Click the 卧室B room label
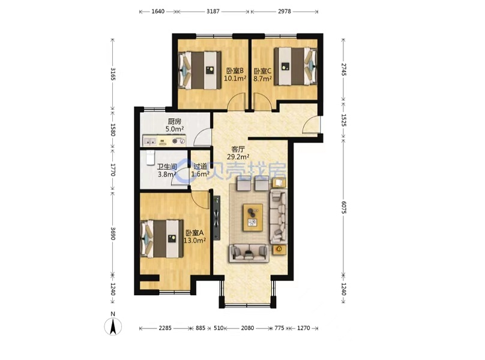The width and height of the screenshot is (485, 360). click(x=235, y=71)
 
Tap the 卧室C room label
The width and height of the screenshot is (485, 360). click(x=262, y=71)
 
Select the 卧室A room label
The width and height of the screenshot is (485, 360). click(x=194, y=233)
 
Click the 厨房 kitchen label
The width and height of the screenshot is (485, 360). click(x=175, y=121)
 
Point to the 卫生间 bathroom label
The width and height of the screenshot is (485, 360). click(x=167, y=167)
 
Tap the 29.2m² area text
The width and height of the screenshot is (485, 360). click(x=238, y=157)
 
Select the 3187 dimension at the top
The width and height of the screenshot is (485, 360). click(x=213, y=11)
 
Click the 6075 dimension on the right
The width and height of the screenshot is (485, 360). click(x=344, y=206)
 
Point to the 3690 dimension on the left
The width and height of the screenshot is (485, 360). click(x=113, y=233)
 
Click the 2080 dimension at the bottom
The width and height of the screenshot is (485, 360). click(x=247, y=328)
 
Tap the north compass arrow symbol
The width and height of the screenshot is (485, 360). click(x=113, y=326)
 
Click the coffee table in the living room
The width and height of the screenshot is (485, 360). click(x=253, y=217)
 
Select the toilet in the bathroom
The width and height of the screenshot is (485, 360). click(x=150, y=158)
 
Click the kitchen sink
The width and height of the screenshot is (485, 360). click(x=149, y=141)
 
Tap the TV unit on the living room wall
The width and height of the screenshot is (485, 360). click(x=217, y=217)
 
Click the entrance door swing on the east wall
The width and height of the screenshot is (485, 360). click(x=311, y=125)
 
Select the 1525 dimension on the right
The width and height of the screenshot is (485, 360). click(x=344, y=120)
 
